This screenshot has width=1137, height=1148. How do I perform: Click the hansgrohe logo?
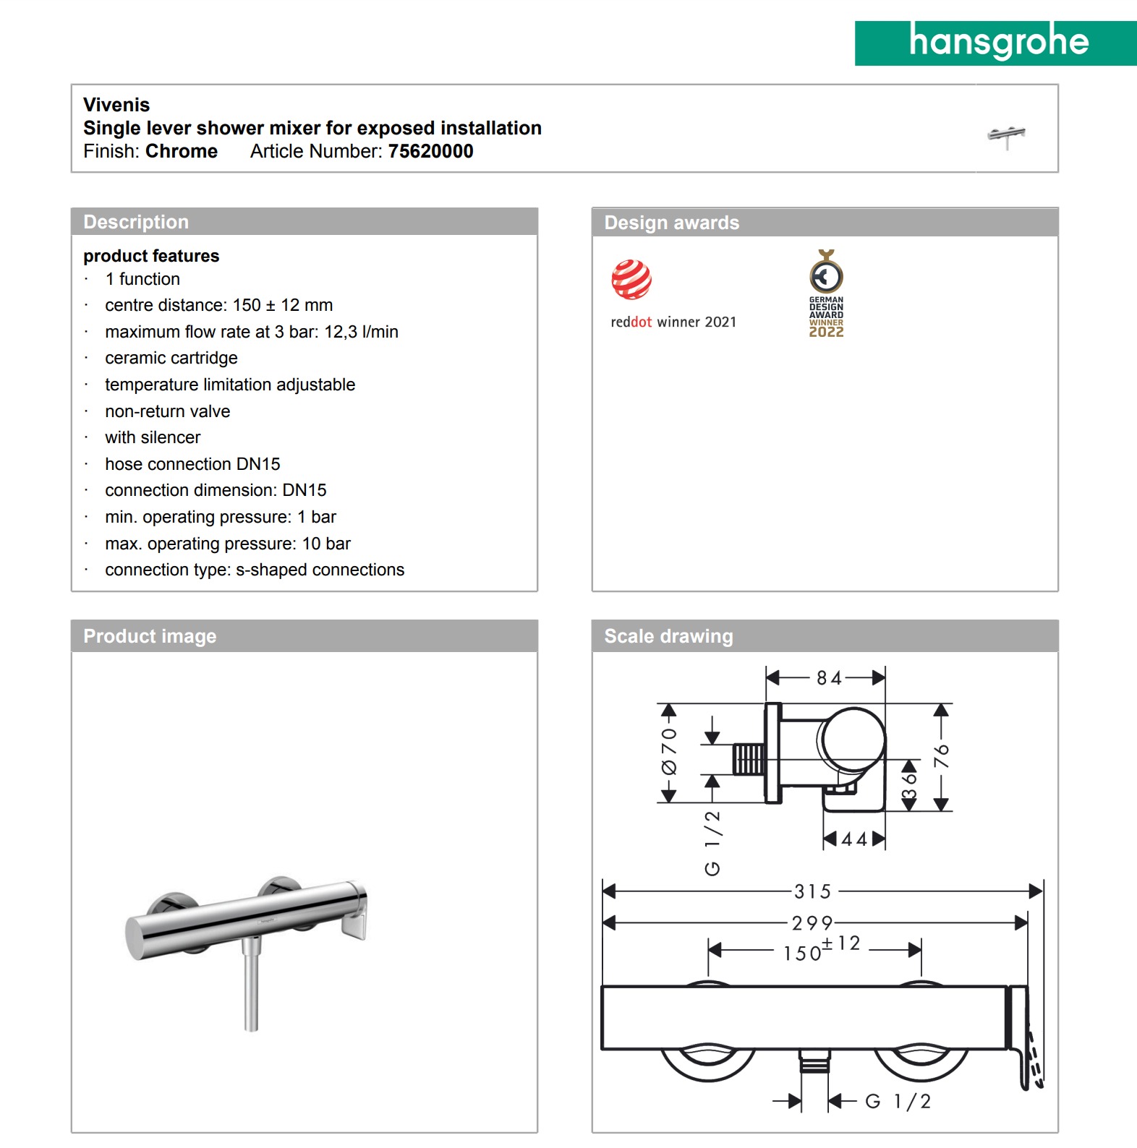click(x=997, y=43)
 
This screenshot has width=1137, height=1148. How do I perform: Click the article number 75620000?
click(x=430, y=151)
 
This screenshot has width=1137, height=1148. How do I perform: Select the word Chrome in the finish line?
click(x=182, y=151)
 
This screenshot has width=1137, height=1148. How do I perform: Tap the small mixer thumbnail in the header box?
click(x=1006, y=136)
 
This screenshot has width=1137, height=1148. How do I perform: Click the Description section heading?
click(x=136, y=222)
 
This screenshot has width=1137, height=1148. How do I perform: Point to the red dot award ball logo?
click(x=631, y=279)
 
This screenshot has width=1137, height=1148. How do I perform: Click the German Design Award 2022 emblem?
click(x=826, y=294)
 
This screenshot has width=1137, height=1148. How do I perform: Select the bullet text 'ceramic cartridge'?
click(x=171, y=358)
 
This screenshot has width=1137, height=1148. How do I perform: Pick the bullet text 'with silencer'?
click(x=153, y=437)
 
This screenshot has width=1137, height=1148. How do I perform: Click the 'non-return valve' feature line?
click(x=167, y=411)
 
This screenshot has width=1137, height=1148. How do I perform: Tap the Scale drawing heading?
click(x=668, y=636)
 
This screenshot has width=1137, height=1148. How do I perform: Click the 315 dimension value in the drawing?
click(x=812, y=891)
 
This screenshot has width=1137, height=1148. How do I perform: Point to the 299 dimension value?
click(x=812, y=923)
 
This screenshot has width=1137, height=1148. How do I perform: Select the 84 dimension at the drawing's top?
click(x=829, y=678)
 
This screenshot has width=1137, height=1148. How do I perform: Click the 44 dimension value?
click(x=853, y=839)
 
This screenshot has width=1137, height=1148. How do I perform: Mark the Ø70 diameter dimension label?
click(x=669, y=751)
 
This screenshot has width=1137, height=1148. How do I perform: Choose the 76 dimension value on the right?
click(x=941, y=756)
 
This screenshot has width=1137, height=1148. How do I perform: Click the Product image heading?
click(x=150, y=636)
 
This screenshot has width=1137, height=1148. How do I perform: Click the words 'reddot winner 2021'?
click(x=673, y=322)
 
